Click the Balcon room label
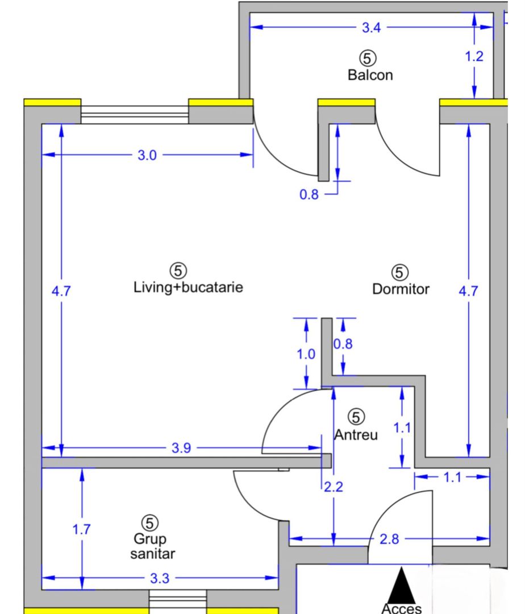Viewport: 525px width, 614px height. click(x=370, y=74)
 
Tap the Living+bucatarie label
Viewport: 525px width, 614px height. click(x=188, y=287)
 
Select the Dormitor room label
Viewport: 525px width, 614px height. click(x=401, y=289)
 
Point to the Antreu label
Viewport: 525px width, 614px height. click(x=356, y=435)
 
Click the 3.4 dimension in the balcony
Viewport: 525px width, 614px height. click(x=372, y=27)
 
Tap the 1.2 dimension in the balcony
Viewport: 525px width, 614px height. click(x=474, y=56)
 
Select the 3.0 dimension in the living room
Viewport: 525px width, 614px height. click(x=147, y=155)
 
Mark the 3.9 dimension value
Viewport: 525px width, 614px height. click(x=181, y=449)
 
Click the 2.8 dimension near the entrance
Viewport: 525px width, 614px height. click(x=389, y=539)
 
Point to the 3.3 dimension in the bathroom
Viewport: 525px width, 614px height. click(x=160, y=579)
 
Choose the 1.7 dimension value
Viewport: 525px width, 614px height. click(x=81, y=529)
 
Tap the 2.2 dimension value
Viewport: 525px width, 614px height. click(x=334, y=487)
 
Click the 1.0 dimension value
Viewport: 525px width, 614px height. click(x=306, y=354)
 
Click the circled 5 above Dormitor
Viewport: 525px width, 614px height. click(x=401, y=272)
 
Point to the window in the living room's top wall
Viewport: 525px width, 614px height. click(x=134, y=114)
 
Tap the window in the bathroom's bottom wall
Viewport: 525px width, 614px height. click(x=177, y=601)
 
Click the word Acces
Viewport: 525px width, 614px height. click(x=402, y=608)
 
